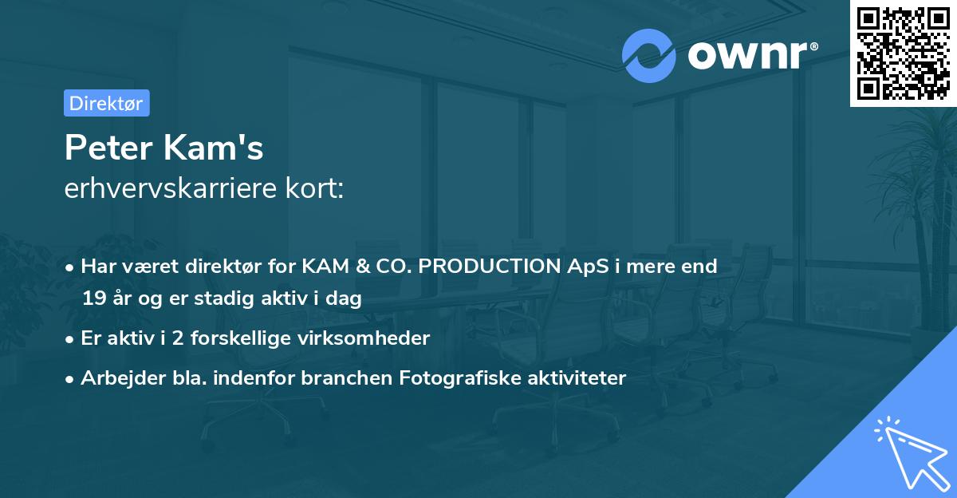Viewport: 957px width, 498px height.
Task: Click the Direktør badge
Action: pos(106,103)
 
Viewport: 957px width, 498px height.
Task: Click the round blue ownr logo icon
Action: pos(649,55)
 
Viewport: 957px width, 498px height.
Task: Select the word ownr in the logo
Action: pos(752,56)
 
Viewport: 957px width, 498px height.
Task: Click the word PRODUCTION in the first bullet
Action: pos(493,266)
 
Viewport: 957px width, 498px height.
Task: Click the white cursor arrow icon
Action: pos(909,453)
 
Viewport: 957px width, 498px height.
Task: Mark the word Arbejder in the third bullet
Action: pos(115,377)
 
